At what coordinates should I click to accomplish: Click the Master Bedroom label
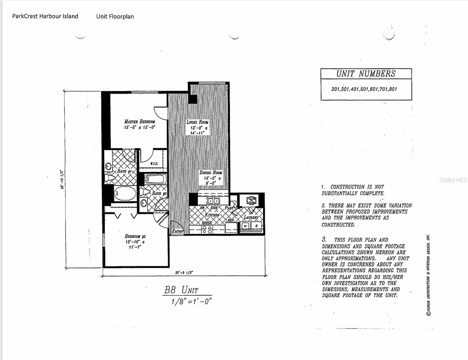click(x=139, y=121)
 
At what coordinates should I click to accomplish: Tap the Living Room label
click(x=197, y=122)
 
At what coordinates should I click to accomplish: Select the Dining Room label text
click(x=211, y=172)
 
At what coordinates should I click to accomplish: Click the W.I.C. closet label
click(x=154, y=164)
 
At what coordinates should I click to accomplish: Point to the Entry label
click(x=177, y=231)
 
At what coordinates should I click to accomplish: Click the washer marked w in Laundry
click(x=245, y=226)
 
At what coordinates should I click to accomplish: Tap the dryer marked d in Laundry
click(x=256, y=226)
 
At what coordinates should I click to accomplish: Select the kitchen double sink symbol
click(x=214, y=201)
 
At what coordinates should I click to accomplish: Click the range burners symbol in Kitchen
click(x=207, y=229)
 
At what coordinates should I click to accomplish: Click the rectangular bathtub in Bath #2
click(x=155, y=180)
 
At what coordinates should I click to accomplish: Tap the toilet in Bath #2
click(x=145, y=192)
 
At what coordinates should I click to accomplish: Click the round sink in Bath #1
click(x=108, y=166)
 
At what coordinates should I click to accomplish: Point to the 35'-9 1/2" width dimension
click(x=184, y=273)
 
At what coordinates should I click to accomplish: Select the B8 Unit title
click(x=181, y=290)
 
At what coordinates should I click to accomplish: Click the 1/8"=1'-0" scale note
click(x=191, y=301)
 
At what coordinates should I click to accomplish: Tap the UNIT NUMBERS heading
click(x=366, y=74)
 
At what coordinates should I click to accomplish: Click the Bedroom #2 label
click(x=135, y=236)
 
